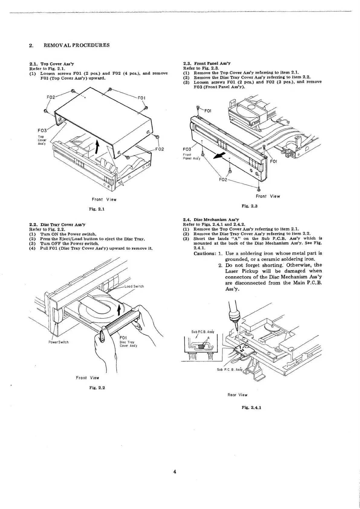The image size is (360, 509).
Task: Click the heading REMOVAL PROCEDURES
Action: [76, 45]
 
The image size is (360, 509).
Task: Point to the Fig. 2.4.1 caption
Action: [251, 407]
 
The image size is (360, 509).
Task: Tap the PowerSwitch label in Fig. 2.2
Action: [59, 342]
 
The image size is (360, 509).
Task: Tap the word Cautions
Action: [204, 253]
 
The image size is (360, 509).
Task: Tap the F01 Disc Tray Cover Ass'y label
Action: [128, 342]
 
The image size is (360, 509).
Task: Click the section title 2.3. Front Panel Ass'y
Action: [207, 64]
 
